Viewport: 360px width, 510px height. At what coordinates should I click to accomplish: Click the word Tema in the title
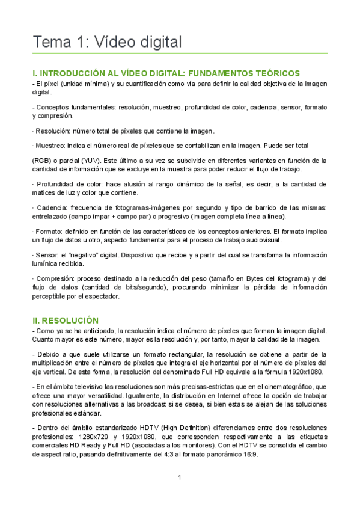[52, 42]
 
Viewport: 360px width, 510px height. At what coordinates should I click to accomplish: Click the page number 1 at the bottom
[180, 478]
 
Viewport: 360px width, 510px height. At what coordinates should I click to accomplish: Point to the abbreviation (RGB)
[43, 161]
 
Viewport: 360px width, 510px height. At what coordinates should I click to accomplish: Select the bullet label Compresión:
[58, 278]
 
